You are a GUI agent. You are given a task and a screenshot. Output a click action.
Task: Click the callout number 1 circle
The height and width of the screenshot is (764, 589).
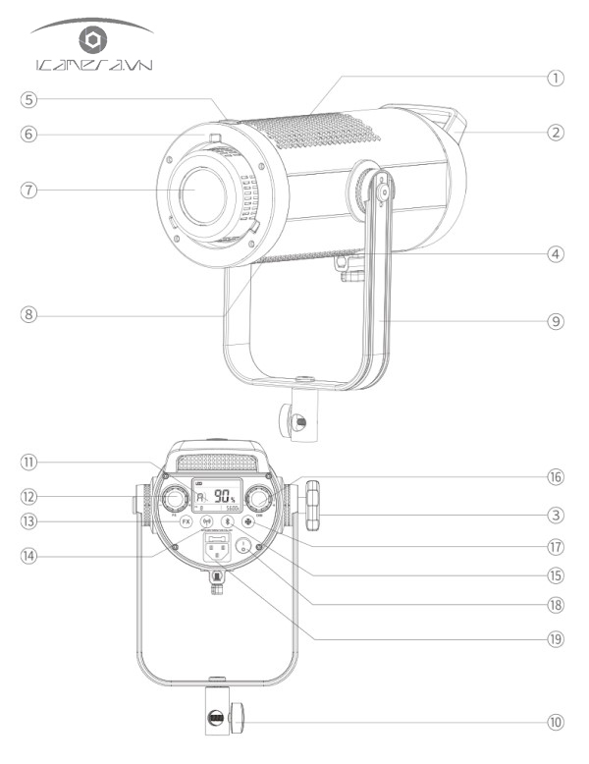coord(556,78)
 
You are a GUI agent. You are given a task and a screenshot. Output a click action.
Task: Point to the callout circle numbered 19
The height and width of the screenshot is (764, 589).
coord(556,635)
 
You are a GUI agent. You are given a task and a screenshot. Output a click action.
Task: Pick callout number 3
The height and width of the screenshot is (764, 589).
coord(556,513)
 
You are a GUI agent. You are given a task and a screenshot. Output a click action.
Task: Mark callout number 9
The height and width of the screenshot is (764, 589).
coord(556,320)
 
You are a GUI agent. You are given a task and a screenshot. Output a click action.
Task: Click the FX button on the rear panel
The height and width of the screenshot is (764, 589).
coord(186,522)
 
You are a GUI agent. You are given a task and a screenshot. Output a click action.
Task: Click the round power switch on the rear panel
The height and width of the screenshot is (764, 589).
coord(241,546)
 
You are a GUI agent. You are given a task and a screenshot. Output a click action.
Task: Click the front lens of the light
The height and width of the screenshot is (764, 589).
coord(202,193)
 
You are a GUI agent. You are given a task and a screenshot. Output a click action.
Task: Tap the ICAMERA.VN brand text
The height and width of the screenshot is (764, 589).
coord(92,67)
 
